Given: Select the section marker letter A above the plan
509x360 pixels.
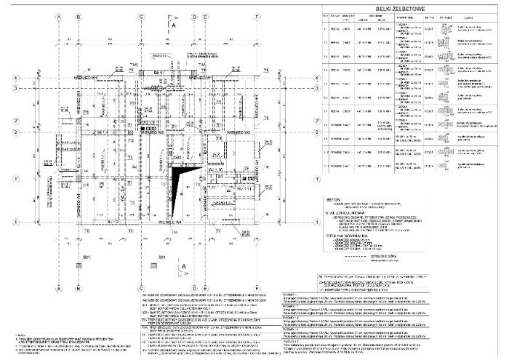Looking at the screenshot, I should point(175,24).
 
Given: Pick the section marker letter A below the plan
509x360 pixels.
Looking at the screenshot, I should point(185,267).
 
